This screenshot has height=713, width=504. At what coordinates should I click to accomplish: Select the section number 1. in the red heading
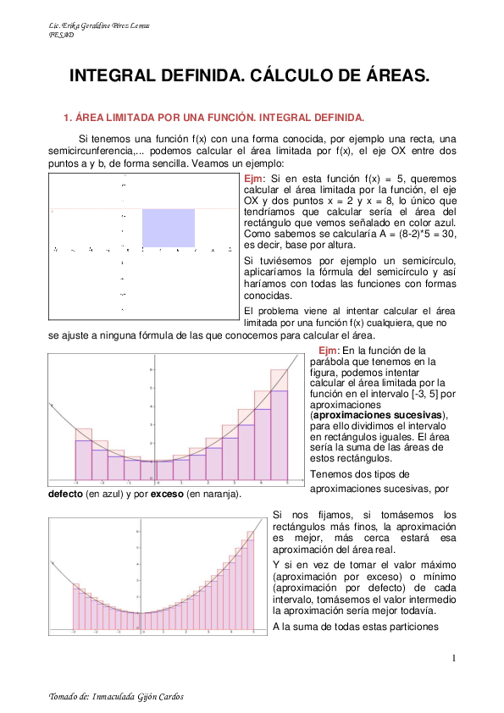point(69,118)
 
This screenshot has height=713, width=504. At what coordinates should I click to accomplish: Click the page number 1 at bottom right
point(454,659)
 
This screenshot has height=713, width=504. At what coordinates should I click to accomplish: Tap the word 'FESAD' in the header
point(62,35)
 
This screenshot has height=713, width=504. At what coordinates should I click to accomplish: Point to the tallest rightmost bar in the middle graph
point(280,423)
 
